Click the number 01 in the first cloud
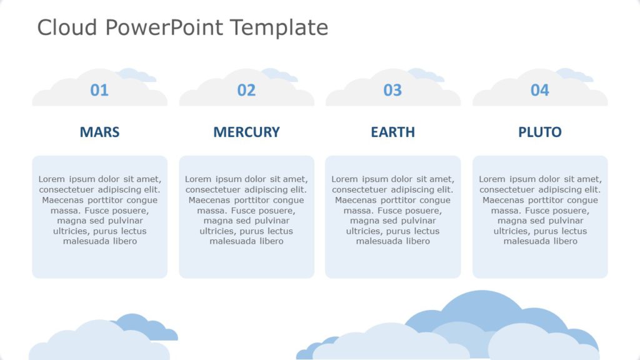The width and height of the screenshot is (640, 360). click(x=99, y=91)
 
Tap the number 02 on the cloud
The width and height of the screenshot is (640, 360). click(x=246, y=91)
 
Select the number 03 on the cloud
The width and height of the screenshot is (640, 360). click(x=392, y=91)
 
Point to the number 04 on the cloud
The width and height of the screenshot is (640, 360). click(x=539, y=91)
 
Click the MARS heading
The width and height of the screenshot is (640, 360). click(x=99, y=132)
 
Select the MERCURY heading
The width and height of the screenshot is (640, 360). click(x=246, y=132)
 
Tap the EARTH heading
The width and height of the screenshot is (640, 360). click(x=392, y=132)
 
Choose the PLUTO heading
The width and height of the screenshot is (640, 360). click(x=539, y=132)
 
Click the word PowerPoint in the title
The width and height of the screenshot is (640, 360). click(x=164, y=27)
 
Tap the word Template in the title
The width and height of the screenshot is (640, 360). click(x=279, y=27)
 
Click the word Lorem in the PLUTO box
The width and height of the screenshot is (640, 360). click(x=492, y=179)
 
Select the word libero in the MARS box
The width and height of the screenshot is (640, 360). click(x=124, y=241)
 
